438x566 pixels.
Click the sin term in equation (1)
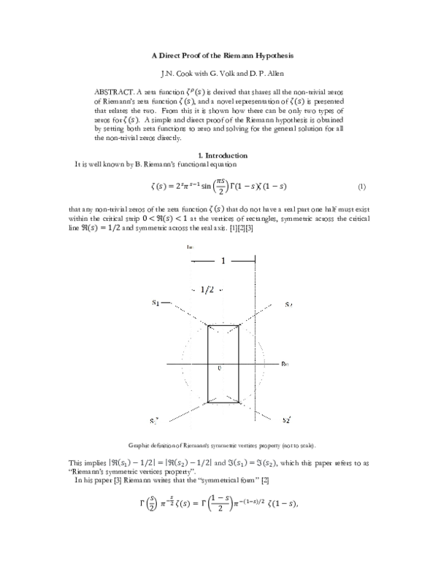(243, 187)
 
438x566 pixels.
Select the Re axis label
(285, 363)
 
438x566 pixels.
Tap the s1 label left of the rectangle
(156, 303)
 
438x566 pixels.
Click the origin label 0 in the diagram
(219, 369)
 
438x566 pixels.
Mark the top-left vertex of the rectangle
(208, 326)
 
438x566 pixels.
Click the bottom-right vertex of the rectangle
(238, 402)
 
